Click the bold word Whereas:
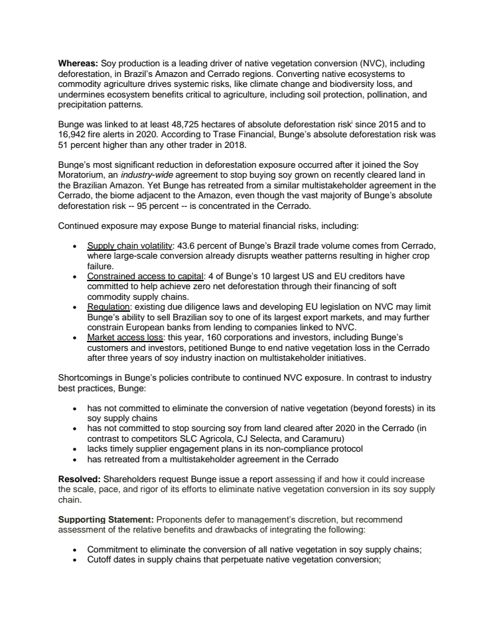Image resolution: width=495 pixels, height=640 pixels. [x=78, y=63]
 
